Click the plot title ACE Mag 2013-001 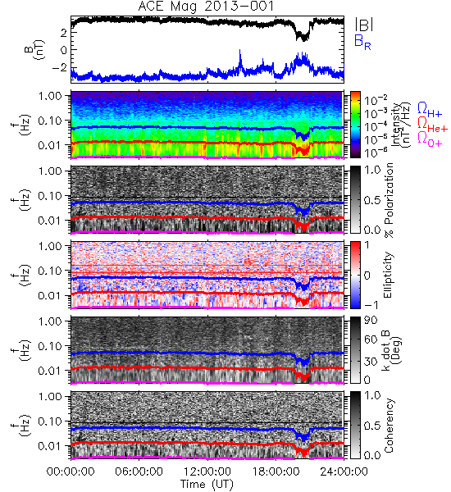tap(206, 7)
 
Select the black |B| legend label tap(364, 24)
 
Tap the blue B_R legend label tap(362, 42)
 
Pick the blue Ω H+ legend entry tap(430, 110)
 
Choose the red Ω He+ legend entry tap(432, 125)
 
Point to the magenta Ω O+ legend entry tap(430, 139)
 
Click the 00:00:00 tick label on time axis tap(71, 471)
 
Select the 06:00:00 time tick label tap(139, 471)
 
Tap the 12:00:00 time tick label tap(207, 471)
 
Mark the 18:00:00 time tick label tap(276, 471)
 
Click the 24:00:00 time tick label tap(344, 471)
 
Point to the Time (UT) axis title tap(207, 484)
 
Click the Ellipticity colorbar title tap(388, 276)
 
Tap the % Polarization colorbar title tap(389, 200)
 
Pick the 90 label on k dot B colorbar tap(371, 321)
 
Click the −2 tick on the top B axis tap(60, 67)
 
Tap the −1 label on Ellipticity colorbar tap(371, 305)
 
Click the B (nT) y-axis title tap(35, 49)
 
